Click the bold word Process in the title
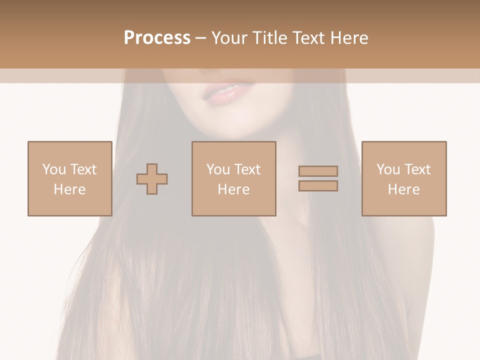point(157,38)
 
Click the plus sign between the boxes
point(152,179)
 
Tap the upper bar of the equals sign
point(318,171)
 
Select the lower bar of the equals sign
point(318,186)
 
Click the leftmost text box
point(69,178)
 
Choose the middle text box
point(233,178)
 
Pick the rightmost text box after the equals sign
point(403,178)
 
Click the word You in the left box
point(53,169)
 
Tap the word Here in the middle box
point(233,189)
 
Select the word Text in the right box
point(417,169)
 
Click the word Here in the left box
point(69,189)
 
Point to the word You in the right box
point(388,169)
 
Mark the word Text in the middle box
point(247,169)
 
